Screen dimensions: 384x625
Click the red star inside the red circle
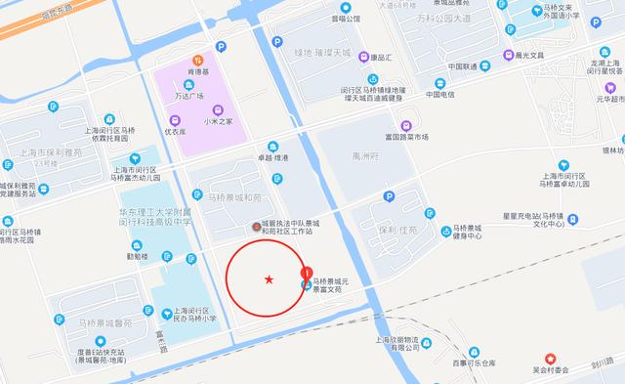click(269, 281)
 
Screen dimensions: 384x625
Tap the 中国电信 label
click(441, 95)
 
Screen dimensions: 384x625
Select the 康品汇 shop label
click(384, 58)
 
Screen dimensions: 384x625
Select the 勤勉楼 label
click(138, 257)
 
